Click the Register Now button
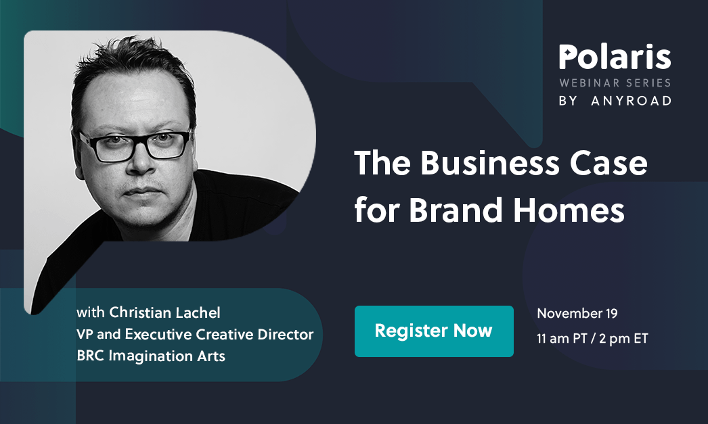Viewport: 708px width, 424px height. pos(434,331)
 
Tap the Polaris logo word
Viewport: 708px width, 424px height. pos(615,57)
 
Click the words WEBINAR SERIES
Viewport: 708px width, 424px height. pos(615,83)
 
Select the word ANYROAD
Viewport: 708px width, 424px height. pos(632,101)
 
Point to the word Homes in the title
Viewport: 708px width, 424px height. pos(569,210)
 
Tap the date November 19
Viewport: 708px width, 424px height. pos(577,314)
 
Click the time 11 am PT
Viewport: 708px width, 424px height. pos(562,338)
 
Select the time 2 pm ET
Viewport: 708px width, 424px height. pos(623,339)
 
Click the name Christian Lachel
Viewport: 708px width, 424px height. pos(164,312)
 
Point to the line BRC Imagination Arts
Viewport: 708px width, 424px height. pos(151,356)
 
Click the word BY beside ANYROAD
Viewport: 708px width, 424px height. pos(568,101)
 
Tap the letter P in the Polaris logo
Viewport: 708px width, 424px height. pos(567,57)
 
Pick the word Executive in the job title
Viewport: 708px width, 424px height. pos(158,334)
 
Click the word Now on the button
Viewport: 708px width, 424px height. pos(472,331)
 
